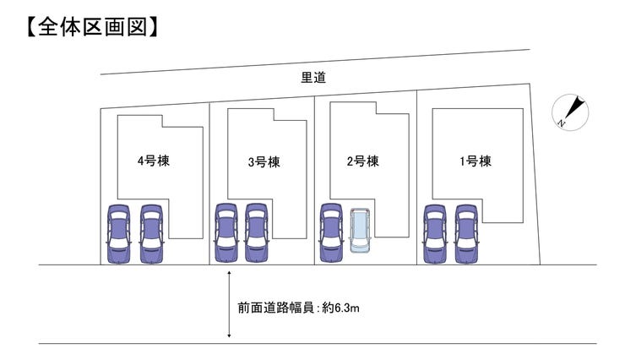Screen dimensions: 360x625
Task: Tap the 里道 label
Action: point(313,79)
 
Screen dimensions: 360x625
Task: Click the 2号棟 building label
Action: point(361,161)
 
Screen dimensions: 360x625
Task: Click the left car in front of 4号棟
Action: point(119,234)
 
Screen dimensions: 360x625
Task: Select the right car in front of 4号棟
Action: point(150,234)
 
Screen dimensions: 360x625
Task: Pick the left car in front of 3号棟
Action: point(226,234)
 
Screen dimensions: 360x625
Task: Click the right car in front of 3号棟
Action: point(256,234)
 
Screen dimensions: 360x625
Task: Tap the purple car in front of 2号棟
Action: point(331,234)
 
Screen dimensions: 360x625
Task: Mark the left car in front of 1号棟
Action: point(435,234)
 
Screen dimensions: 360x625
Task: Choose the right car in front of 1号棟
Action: point(466,234)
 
